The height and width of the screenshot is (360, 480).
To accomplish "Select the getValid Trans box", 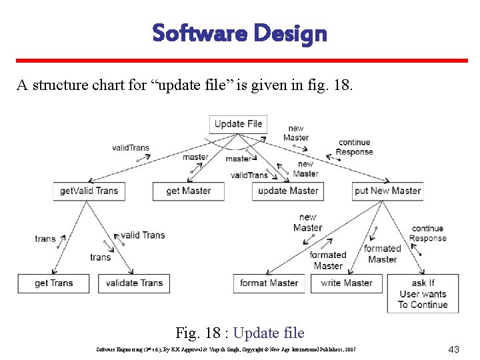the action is click(x=89, y=191).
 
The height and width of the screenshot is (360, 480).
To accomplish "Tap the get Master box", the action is click(x=189, y=191).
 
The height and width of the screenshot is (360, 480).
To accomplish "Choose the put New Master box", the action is click(x=388, y=191).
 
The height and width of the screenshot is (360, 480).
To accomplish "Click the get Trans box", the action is click(x=53, y=283).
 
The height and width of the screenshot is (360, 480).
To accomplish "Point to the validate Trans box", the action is click(x=134, y=283).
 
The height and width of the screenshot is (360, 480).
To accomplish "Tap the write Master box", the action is click(x=346, y=283).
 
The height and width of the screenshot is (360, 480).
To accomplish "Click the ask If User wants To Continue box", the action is click(x=423, y=294).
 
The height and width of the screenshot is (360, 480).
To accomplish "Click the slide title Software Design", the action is click(x=239, y=33).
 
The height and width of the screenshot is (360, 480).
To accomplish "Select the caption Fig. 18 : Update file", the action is click(x=239, y=333).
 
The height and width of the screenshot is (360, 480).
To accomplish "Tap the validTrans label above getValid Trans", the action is click(x=131, y=148).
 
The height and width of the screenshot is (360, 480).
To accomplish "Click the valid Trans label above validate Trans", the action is click(x=143, y=235).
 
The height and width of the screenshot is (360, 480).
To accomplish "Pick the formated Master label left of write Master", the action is click(x=328, y=260).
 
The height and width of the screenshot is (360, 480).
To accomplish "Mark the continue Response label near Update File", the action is click(x=354, y=147).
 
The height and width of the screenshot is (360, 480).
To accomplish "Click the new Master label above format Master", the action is click(x=307, y=222).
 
